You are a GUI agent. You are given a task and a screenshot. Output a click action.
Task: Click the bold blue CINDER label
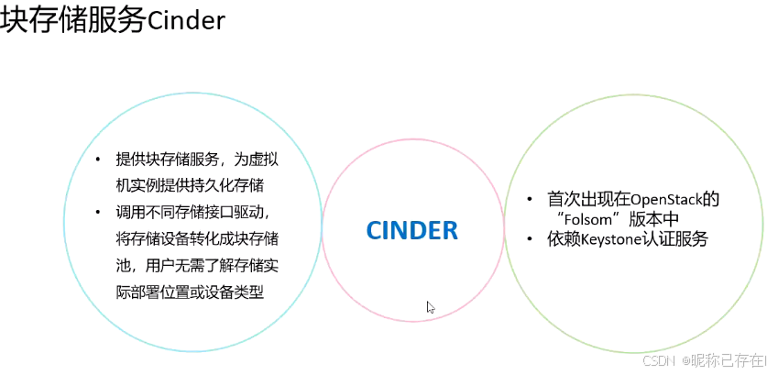point(411,230)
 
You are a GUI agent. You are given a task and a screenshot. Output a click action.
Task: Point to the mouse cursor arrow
point(431,307)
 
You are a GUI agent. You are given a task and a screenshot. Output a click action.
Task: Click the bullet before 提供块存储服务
point(99,160)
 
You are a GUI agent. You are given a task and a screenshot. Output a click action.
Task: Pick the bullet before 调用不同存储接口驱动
point(99,213)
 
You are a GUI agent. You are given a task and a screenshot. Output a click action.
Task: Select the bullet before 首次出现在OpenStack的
point(529,199)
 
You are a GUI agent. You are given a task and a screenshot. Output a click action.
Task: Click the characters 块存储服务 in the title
point(73,20)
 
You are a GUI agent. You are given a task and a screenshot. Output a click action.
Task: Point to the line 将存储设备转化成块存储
point(197,239)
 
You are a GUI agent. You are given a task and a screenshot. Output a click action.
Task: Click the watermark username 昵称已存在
point(727,361)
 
